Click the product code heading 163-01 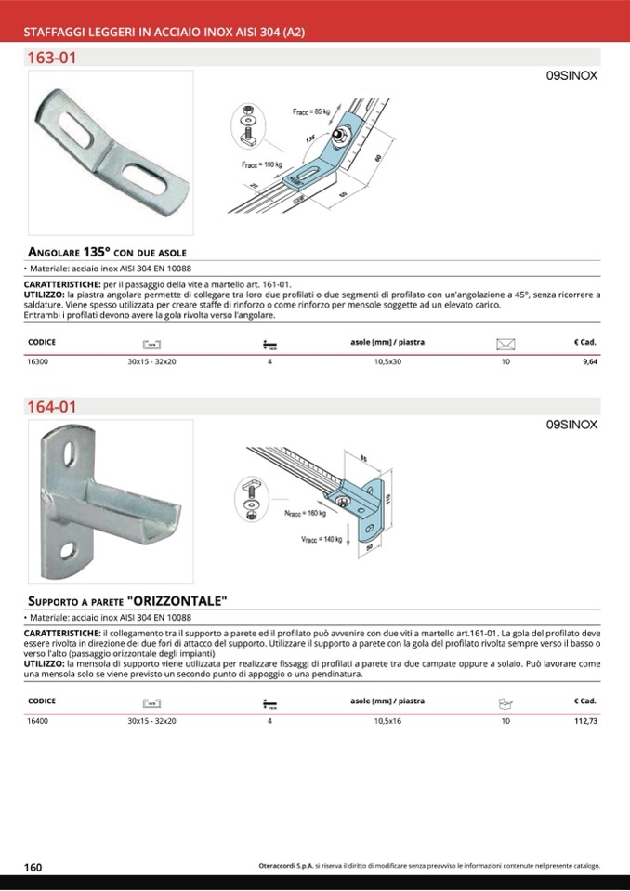coord(52,58)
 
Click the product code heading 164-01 coord(52,407)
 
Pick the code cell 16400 coord(38,720)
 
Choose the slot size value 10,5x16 coord(387,720)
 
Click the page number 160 coord(33,867)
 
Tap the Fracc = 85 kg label coord(311,112)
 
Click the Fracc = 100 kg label coord(260,164)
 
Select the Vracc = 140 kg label coord(322,538)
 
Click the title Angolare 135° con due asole coord(108,252)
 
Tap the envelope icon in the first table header coord(505,343)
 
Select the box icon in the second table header coord(505,702)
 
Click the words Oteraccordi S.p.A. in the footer coord(285,866)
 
